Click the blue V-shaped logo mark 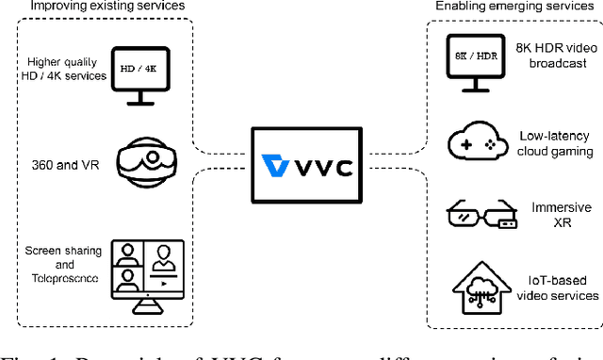tap(276, 167)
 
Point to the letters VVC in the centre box tap(321, 167)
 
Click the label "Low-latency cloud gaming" tap(558, 143)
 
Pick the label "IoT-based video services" tap(558, 287)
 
